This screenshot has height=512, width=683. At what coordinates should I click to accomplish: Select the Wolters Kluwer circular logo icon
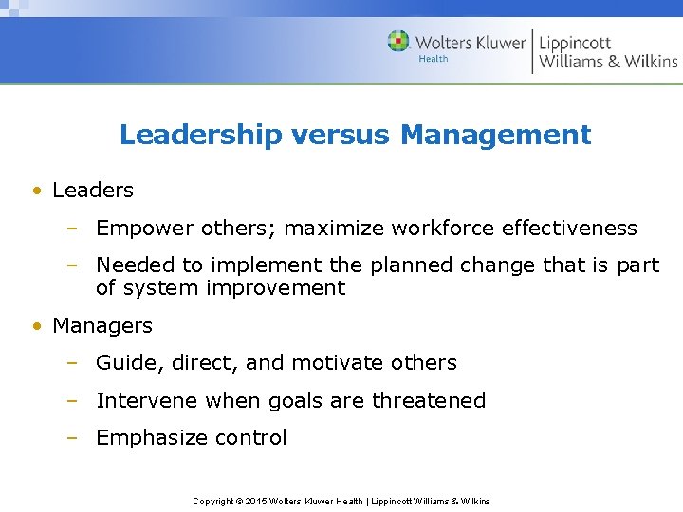[398, 41]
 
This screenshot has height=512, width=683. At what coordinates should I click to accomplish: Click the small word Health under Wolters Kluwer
[433, 59]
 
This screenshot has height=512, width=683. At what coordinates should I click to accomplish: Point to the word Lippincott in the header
[575, 42]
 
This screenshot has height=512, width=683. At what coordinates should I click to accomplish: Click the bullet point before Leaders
[35, 191]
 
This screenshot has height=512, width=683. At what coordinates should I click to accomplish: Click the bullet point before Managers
[35, 326]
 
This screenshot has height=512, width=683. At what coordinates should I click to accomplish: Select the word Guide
[122, 363]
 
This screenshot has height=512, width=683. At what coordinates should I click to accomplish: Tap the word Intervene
[142, 401]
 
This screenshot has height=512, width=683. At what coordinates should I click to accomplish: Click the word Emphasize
[142, 438]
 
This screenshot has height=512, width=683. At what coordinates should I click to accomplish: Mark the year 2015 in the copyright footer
[256, 501]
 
